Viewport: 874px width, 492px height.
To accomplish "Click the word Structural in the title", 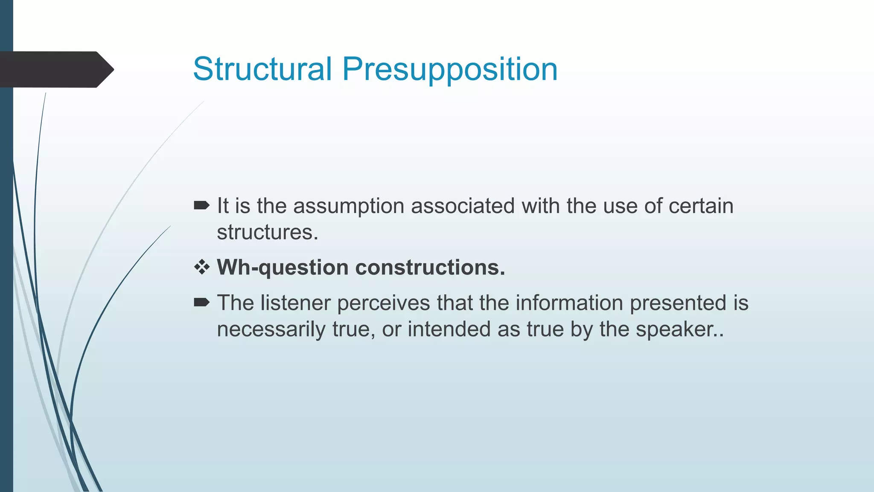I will (x=262, y=69).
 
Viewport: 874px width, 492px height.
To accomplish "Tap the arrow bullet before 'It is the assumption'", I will (x=201, y=206).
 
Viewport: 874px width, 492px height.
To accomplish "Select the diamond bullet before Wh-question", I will (x=202, y=267).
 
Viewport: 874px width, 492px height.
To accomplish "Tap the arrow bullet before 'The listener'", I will (x=201, y=303).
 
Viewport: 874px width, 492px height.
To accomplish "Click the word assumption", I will (x=349, y=206).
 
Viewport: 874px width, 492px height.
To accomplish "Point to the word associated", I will (x=463, y=206).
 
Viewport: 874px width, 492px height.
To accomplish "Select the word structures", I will (x=267, y=232).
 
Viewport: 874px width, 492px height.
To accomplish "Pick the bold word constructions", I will (x=430, y=267).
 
